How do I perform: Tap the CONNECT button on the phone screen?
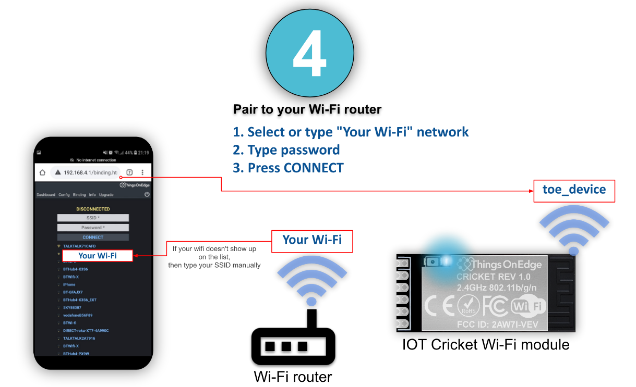(93, 238)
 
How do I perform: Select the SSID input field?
(93, 218)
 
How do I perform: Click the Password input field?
(93, 228)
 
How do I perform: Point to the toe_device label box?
(574, 190)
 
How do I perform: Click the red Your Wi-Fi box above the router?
(312, 240)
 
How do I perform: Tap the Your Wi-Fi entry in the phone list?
(98, 256)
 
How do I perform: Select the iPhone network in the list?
(69, 284)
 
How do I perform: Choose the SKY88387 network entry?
(72, 308)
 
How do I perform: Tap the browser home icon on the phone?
(42, 172)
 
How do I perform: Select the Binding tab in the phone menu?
(79, 195)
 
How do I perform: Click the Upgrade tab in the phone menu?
(106, 195)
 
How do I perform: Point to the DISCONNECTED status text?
(93, 209)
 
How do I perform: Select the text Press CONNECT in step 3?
(295, 168)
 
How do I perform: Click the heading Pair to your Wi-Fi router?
(307, 109)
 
